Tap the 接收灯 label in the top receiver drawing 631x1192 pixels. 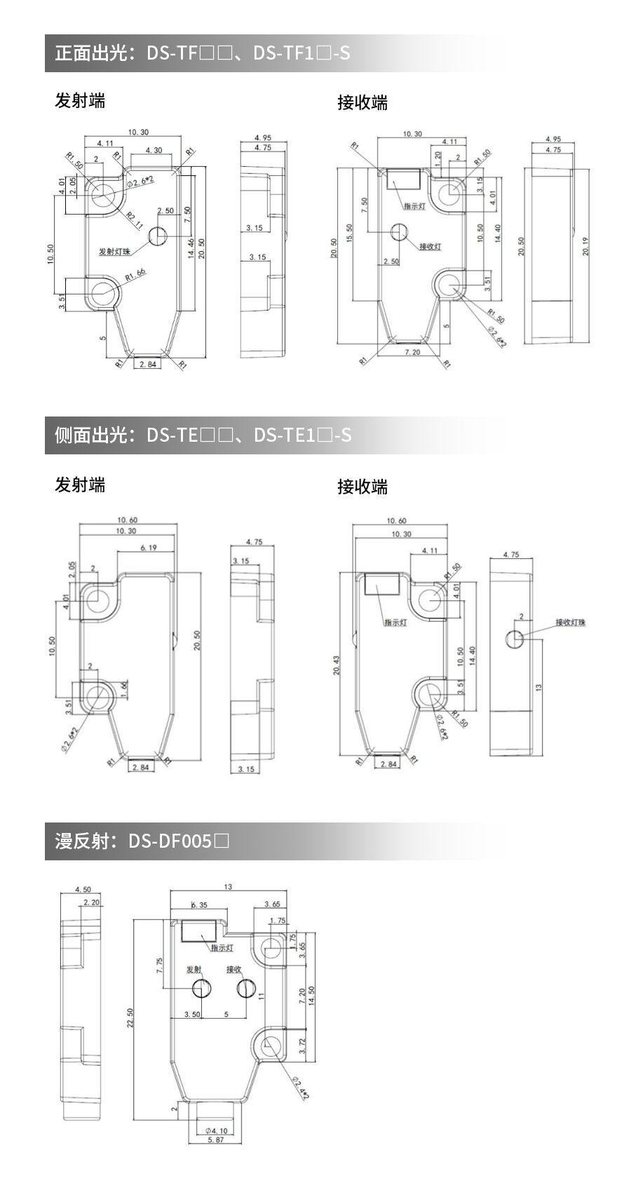[430, 246]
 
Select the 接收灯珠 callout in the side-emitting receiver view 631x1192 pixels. [570, 623]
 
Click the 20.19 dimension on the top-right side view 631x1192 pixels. [585, 247]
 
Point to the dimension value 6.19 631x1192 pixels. [148, 548]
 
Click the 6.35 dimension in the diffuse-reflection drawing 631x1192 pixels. [199, 905]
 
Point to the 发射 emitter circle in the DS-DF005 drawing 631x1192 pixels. [202, 988]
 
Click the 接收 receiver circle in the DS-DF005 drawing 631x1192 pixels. [245, 988]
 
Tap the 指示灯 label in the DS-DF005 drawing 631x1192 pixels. [222, 948]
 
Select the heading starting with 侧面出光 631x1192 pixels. [203, 435]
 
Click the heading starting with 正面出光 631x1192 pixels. [203, 53]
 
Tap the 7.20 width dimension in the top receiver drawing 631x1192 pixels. [412, 352]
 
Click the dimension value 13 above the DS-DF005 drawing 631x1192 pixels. [228, 887]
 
